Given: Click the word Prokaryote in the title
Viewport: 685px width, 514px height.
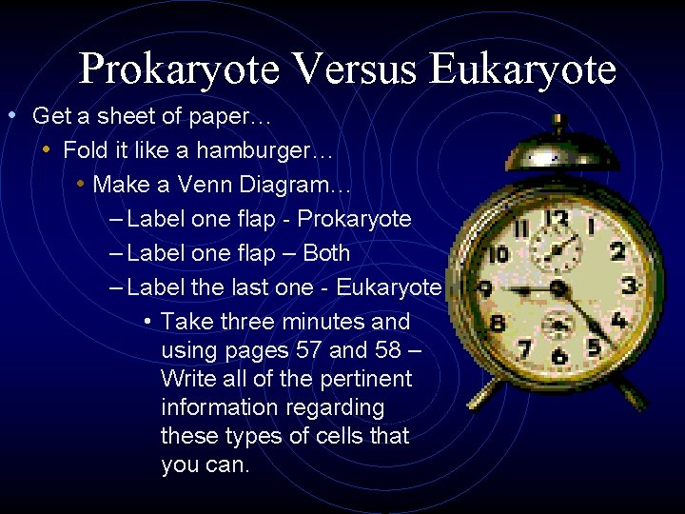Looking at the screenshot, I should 179,69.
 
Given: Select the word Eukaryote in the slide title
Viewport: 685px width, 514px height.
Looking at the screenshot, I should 523,69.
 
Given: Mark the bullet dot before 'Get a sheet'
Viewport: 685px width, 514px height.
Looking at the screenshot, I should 10,116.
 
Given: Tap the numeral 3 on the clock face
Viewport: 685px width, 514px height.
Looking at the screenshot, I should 629,285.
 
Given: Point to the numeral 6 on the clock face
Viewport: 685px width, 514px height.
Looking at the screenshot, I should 559,357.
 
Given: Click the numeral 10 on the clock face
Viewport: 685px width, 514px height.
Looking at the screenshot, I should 498,255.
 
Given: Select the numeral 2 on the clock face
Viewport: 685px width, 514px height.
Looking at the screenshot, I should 618,251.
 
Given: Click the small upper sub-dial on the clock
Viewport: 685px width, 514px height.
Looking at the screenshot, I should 556,251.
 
